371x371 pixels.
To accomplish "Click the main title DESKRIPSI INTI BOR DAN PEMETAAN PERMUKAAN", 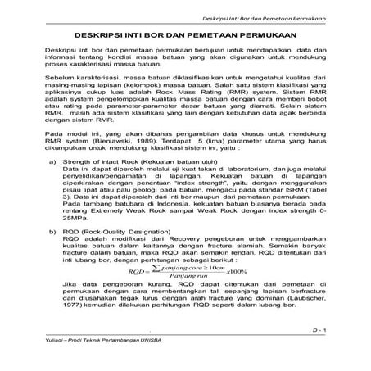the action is click(184, 36).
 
